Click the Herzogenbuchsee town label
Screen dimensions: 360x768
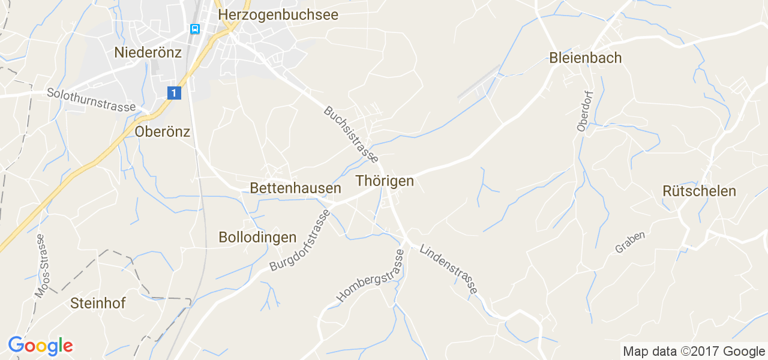point(278,14)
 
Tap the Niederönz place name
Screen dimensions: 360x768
point(148,53)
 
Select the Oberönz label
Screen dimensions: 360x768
point(163,132)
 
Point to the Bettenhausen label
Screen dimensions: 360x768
point(295,188)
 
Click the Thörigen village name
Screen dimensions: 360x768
point(385,181)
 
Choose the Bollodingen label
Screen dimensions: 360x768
point(257,237)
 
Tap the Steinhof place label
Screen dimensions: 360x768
point(98,303)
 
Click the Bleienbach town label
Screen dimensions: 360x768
point(585,58)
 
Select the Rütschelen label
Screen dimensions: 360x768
point(699,191)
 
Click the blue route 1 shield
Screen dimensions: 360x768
point(173,92)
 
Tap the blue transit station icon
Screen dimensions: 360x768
point(194,29)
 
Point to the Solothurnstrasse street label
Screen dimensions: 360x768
point(92,100)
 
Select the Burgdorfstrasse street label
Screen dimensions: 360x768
point(300,241)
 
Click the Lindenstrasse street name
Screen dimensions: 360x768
point(449,269)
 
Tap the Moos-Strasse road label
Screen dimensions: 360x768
point(41,265)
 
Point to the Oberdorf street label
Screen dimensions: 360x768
point(583,111)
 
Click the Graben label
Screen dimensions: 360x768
point(630,242)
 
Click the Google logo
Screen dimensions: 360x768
point(40,346)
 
